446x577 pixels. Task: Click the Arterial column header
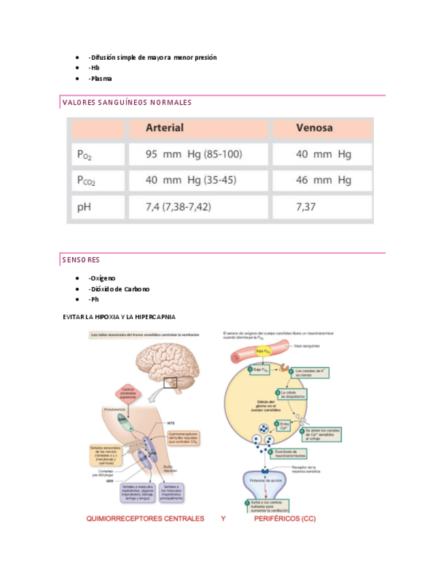point(165,128)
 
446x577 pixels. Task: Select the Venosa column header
point(314,128)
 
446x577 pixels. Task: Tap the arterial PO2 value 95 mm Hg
point(193,154)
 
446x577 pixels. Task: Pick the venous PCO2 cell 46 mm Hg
point(323,180)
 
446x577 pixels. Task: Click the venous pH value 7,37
point(306,206)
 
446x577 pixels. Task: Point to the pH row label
point(84,206)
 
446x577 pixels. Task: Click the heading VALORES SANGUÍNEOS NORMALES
point(127,103)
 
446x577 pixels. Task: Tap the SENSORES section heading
point(81,259)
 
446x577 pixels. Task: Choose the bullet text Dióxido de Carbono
point(121,288)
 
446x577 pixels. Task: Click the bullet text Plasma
point(101,78)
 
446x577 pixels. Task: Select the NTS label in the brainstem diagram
point(171,422)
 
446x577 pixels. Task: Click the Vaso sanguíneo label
point(308,346)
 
